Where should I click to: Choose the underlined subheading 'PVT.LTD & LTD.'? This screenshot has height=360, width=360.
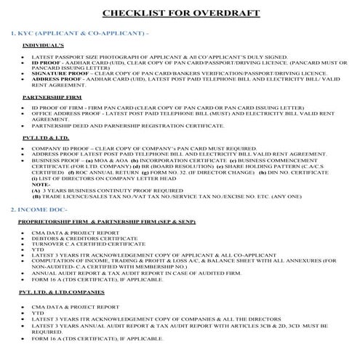tap(46, 136)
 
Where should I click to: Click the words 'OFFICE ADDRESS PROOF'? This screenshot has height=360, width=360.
tap(63, 113)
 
